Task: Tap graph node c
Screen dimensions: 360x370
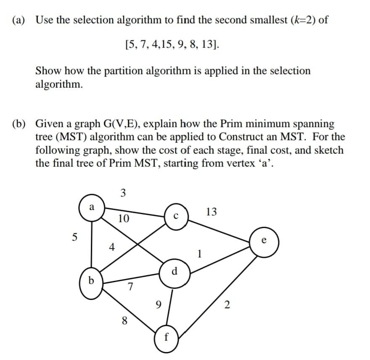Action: pyautogui.click(x=177, y=217)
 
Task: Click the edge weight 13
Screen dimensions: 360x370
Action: pyautogui.click(x=212, y=212)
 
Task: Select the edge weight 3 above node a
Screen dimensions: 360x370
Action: pyautogui.click(x=123, y=193)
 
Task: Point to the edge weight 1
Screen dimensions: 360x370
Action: pyautogui.click(x=200, y=254)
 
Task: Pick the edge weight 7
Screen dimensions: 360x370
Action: pyautogui.click(x=130, y=287)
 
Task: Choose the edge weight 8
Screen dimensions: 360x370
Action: pyautogui.click(x=124, y=321)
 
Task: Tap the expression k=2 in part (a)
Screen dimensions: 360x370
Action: pyautogui.click(x=303, y=20)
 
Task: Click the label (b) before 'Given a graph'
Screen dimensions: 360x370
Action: pyautogui.click(x=22, y=124)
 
